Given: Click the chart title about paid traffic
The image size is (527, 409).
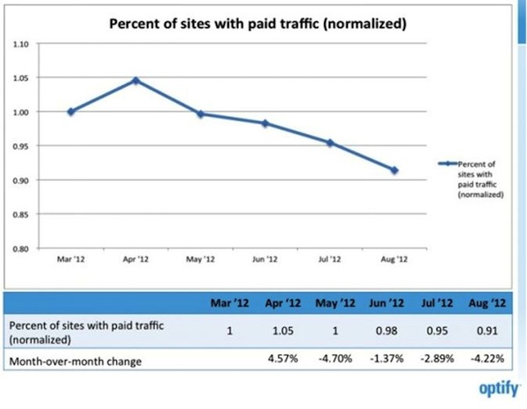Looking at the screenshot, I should [x=256, y=24].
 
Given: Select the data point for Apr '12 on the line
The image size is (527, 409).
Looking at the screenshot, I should [x=136, y=81].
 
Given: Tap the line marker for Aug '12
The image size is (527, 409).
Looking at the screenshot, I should [x=395, y=170].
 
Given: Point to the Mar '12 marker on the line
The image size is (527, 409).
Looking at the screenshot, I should [x=70, y=112].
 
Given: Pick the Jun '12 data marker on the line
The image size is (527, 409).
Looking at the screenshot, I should [x=265, y=123].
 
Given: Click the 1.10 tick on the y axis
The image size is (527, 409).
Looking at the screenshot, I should [x=23, y=43].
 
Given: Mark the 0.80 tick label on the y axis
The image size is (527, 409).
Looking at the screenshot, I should [x=23, y=249].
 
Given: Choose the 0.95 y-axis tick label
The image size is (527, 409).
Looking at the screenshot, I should [x=23, y=146].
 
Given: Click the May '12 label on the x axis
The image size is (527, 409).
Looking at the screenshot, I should [x=201, y=259].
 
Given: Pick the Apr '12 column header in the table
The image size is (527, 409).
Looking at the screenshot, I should [x=282, y=303].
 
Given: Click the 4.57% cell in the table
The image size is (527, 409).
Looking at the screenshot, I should [x=282, y=359].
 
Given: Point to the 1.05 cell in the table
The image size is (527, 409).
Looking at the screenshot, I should [x=282, y=331].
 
